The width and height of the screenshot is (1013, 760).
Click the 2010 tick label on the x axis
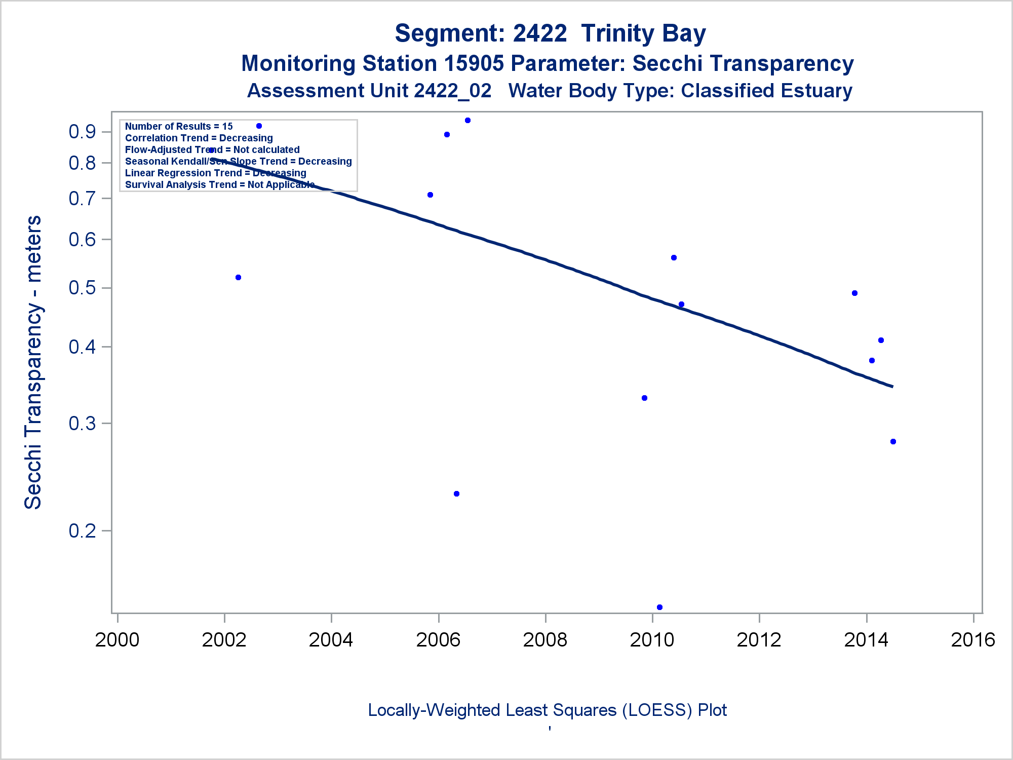tap(652, 640)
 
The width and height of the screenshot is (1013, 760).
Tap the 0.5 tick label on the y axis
tap(83, 288)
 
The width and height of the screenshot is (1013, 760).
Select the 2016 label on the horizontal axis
tap(973, 640)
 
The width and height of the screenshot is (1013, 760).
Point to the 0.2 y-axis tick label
tap(83, 530)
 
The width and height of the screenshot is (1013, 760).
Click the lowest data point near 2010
tap(659, 607)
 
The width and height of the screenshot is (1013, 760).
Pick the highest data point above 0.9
tap(467, 121)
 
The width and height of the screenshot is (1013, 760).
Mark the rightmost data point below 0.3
tap(893, 442)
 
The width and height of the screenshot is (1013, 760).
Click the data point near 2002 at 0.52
tap(239, 278)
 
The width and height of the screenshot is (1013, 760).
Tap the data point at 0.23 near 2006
tap(456, 494)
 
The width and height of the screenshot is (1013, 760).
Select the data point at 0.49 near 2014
tap(854, 293)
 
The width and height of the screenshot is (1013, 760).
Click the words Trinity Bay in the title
tap(643, 33)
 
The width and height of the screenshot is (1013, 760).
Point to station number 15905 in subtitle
tap(474, 64)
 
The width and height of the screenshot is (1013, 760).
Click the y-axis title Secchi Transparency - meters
tap(33, 362)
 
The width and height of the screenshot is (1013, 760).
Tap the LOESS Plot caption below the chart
tap(547, 710)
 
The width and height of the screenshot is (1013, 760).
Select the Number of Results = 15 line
tap(179, 127)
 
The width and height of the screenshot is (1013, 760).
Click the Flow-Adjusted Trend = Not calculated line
tap(212, 150)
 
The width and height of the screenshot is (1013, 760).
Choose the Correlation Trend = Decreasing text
tap(199, 138)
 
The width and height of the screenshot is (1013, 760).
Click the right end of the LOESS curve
tap(892, 387)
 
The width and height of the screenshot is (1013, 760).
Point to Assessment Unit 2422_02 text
tap(369, 91)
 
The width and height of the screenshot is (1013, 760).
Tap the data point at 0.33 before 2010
tap(644, 398)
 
